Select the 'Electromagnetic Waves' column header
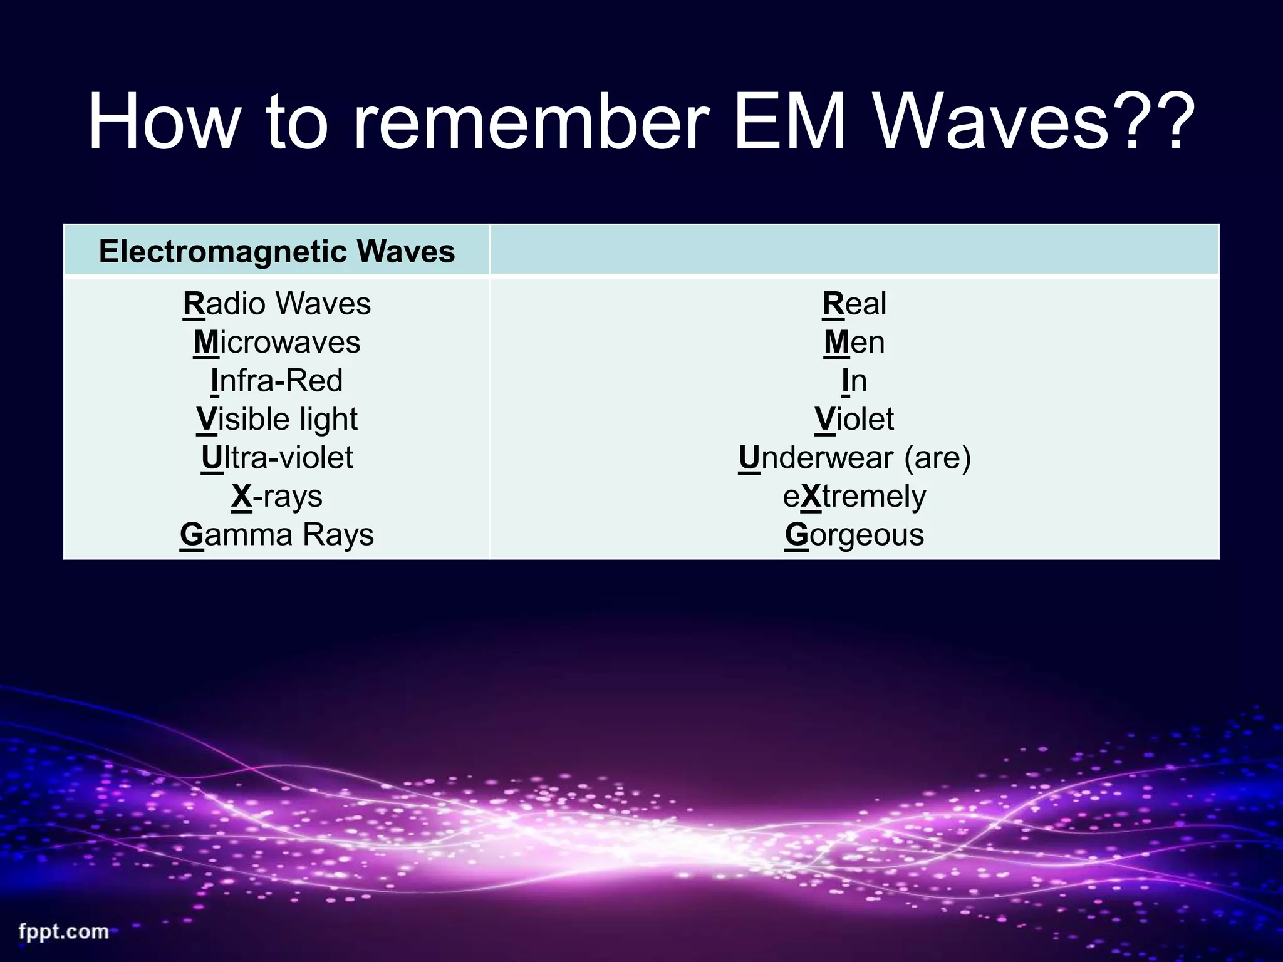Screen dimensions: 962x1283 click(277, 252)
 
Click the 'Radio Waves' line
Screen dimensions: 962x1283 click(277, 304)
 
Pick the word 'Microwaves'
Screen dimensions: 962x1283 click(277, 343)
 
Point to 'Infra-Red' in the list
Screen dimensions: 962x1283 click(277, 381)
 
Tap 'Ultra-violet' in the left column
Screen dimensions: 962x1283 click(277, 458)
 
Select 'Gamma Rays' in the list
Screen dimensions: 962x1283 click(277, 535)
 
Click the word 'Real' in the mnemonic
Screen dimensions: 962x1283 click(854, 304)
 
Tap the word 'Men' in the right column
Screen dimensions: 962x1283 click(854, 343)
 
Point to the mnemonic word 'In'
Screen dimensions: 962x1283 click(854, 381)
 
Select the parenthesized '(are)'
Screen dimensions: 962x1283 click(937, 458)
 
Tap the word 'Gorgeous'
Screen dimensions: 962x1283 click(854, 535)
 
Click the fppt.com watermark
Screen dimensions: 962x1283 click(63, 931)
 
